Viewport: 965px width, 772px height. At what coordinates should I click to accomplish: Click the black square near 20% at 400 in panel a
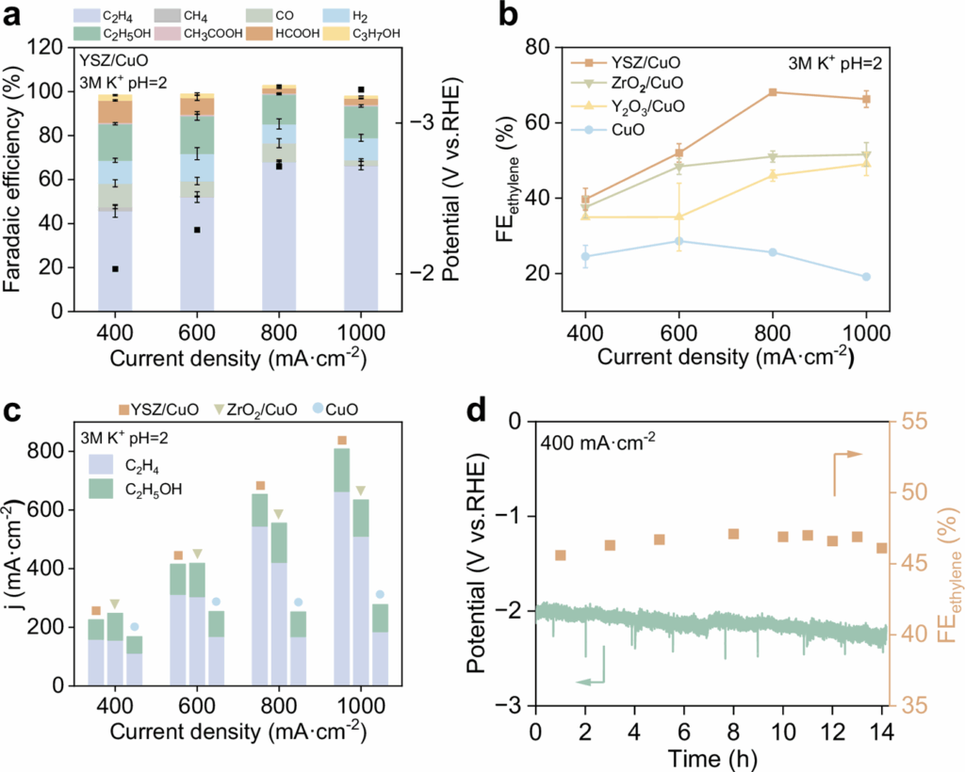click(x=115, y=269)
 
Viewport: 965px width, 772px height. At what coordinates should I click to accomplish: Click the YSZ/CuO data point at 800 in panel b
click(x=773, y=92)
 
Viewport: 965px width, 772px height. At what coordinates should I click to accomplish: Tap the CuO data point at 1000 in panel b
click(x=866, y=277)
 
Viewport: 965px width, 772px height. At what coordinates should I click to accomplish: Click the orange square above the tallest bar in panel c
click(x=342, y=441)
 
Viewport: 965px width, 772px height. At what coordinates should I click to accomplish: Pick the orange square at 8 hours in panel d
click(x=733, y=534)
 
